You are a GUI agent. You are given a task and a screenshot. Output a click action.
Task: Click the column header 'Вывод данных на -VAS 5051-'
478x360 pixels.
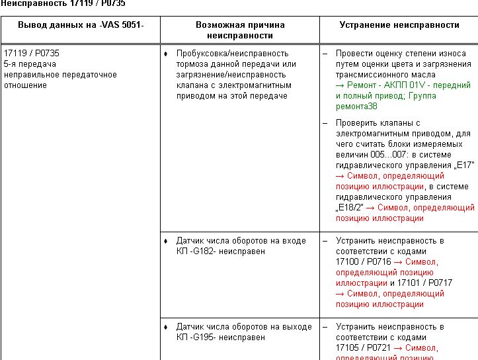point(80,24)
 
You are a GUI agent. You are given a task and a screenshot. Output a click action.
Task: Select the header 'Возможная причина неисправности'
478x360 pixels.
point(239,30)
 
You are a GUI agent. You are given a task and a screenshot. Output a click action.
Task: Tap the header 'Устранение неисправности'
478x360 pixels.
point(399,24)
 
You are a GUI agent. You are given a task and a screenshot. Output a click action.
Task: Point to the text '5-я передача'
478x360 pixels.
point(30,64)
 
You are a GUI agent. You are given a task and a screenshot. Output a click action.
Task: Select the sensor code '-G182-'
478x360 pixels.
point(203,251)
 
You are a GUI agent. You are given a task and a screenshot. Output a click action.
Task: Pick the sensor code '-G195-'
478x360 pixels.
point(203,337)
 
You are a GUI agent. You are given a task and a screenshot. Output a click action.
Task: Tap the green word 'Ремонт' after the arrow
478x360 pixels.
point(360,85)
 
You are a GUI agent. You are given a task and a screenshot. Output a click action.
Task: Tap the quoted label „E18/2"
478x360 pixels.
point(349,208)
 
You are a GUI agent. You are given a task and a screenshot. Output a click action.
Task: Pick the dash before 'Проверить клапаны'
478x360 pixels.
point(325,123)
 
